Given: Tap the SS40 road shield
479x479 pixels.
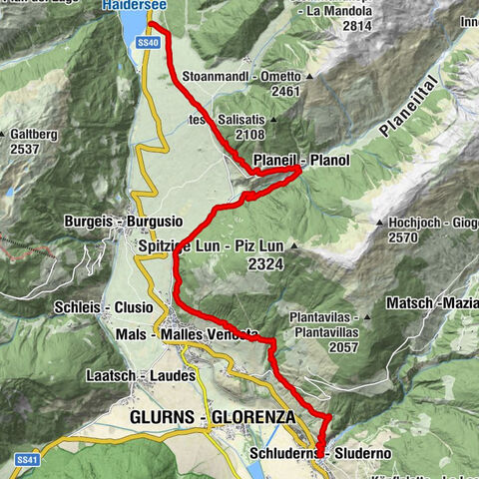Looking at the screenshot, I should [148, 44].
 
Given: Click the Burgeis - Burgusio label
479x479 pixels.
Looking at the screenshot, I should [104, 219].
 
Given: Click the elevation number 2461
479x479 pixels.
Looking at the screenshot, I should [256, 92].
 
